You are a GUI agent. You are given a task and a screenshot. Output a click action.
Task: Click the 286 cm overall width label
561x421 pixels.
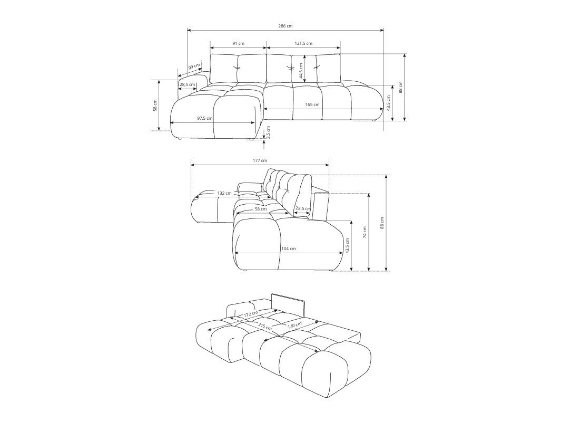coord(285,26)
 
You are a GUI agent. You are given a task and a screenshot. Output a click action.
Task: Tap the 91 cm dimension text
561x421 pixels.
coord(238,43)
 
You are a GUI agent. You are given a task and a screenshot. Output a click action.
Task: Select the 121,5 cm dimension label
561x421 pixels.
coord(303,43)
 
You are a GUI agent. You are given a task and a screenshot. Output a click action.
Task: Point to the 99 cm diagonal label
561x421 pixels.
coord(194,66)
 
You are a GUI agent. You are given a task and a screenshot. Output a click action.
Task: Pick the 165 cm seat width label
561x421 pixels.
coord(312,104)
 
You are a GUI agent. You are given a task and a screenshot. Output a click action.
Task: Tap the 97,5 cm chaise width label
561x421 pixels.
coord(205,118)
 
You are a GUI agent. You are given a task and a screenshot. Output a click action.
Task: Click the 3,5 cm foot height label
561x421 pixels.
coord(269,132)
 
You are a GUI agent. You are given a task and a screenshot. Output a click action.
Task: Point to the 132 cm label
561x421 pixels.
coord(224,193)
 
